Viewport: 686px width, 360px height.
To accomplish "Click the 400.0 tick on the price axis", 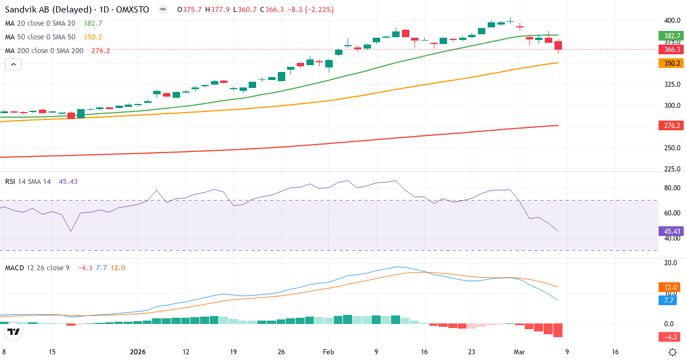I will point(672,21).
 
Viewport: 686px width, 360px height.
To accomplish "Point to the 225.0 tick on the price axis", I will point(672,169).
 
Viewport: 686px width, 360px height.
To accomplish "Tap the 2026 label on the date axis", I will point(139,352).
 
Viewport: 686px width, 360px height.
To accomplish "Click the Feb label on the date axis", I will point(329,352).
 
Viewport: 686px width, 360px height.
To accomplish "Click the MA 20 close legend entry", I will point(40,23).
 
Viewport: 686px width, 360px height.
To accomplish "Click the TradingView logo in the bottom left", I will point(14,332).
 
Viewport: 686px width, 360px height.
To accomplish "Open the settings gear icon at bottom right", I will point(673,352).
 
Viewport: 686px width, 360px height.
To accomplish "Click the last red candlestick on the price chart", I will point(558,45).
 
